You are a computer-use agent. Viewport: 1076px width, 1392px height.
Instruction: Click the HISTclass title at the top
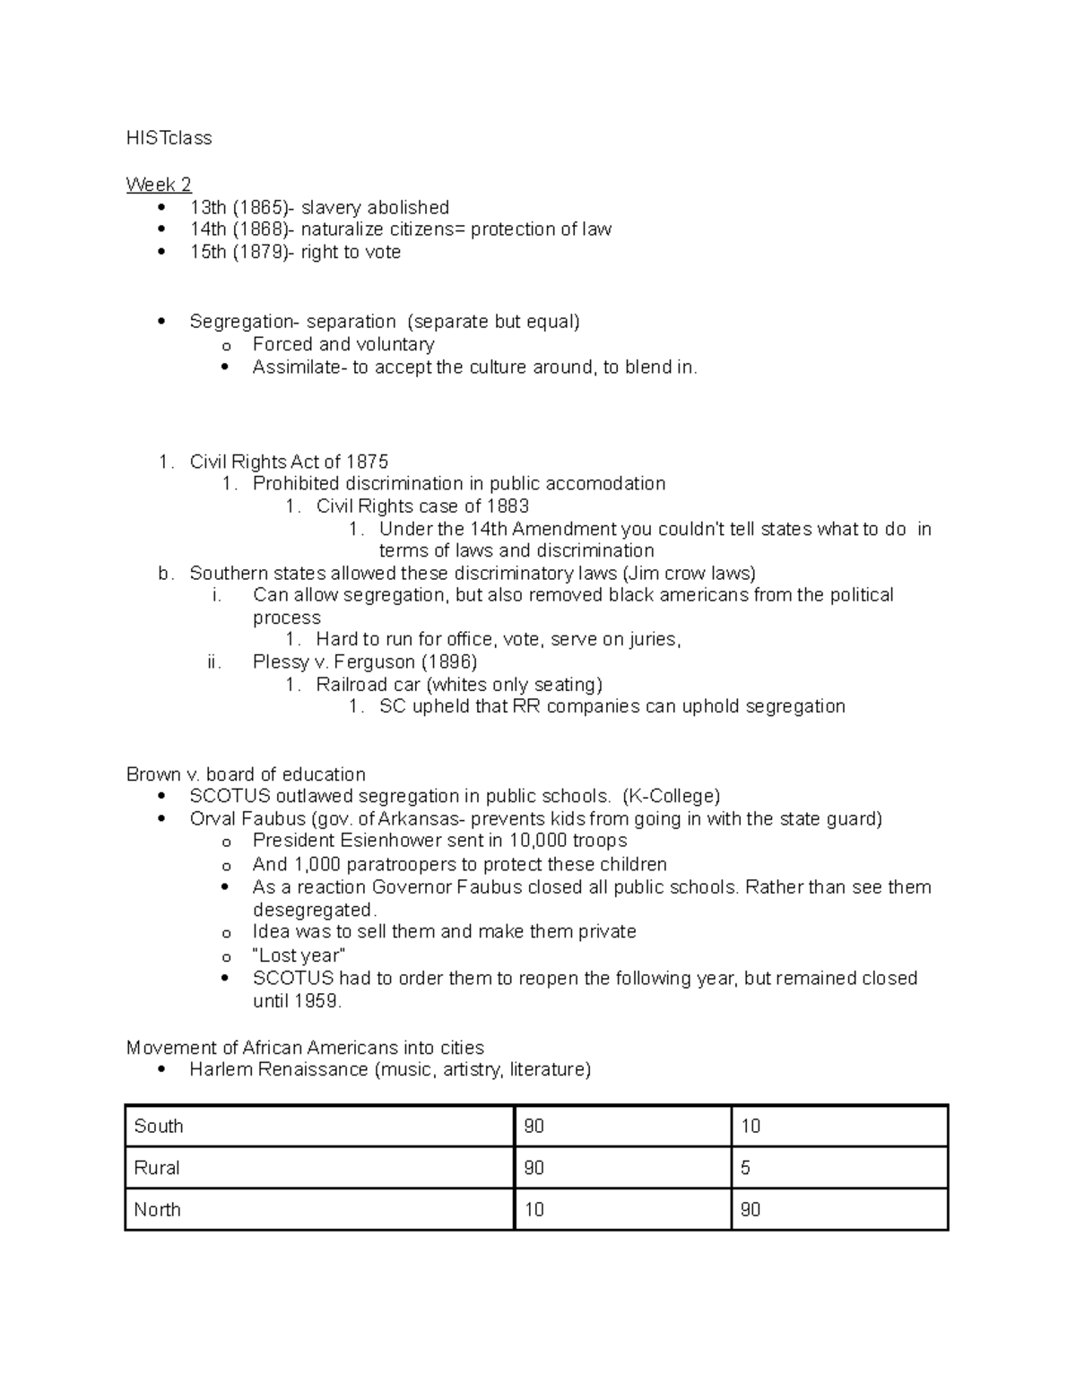click(x=169, y=138)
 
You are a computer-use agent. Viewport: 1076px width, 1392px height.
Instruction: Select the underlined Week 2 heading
click(x=159, y=185)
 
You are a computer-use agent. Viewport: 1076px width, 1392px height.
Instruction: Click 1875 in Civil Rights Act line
click(x=367, y=462)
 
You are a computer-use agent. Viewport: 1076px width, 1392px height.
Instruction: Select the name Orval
click(x=212, y=818)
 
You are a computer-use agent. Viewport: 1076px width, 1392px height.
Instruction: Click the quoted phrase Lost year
click(x=299, y=955)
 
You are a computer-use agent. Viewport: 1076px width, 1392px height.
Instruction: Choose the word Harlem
click(x=221, y=1069)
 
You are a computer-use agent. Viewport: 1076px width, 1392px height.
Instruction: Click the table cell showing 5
click(x=746, y=1168)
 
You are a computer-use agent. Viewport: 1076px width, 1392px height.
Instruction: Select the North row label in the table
click(x=158, y=1209)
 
